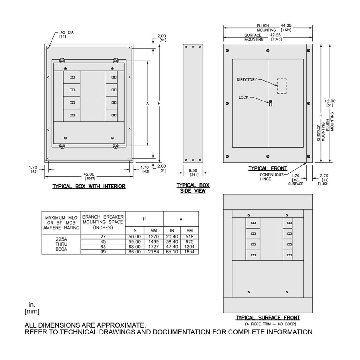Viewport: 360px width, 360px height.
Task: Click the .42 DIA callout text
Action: click(66, 32)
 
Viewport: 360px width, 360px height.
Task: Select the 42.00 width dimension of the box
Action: click(89, 174)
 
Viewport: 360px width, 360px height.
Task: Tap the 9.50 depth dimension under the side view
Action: click(193, 171)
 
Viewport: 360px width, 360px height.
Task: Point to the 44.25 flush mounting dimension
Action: click(286, 26)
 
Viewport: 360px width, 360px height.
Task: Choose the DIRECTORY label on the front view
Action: click(247, 80)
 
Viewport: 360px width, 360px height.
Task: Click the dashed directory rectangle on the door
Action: click(282, 86)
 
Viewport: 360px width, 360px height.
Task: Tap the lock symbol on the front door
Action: click(270, 103)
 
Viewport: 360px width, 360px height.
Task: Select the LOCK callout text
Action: click(244, 97)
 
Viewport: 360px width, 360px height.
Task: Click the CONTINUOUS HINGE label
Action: click(271, 177)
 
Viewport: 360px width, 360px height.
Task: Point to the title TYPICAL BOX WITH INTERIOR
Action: click(89, 187)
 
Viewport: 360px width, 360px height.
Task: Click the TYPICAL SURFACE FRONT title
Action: click(268, 318)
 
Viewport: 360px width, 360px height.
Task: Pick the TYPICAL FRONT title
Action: click(268, 169)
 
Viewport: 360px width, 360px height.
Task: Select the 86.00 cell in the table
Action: click(134, 252)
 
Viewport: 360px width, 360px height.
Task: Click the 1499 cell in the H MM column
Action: click(154, 242)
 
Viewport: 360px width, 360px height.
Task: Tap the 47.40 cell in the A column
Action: click(172, 247)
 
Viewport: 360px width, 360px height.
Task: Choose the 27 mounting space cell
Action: click(103, 237)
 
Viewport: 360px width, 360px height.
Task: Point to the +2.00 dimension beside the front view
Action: click(330, 101)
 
